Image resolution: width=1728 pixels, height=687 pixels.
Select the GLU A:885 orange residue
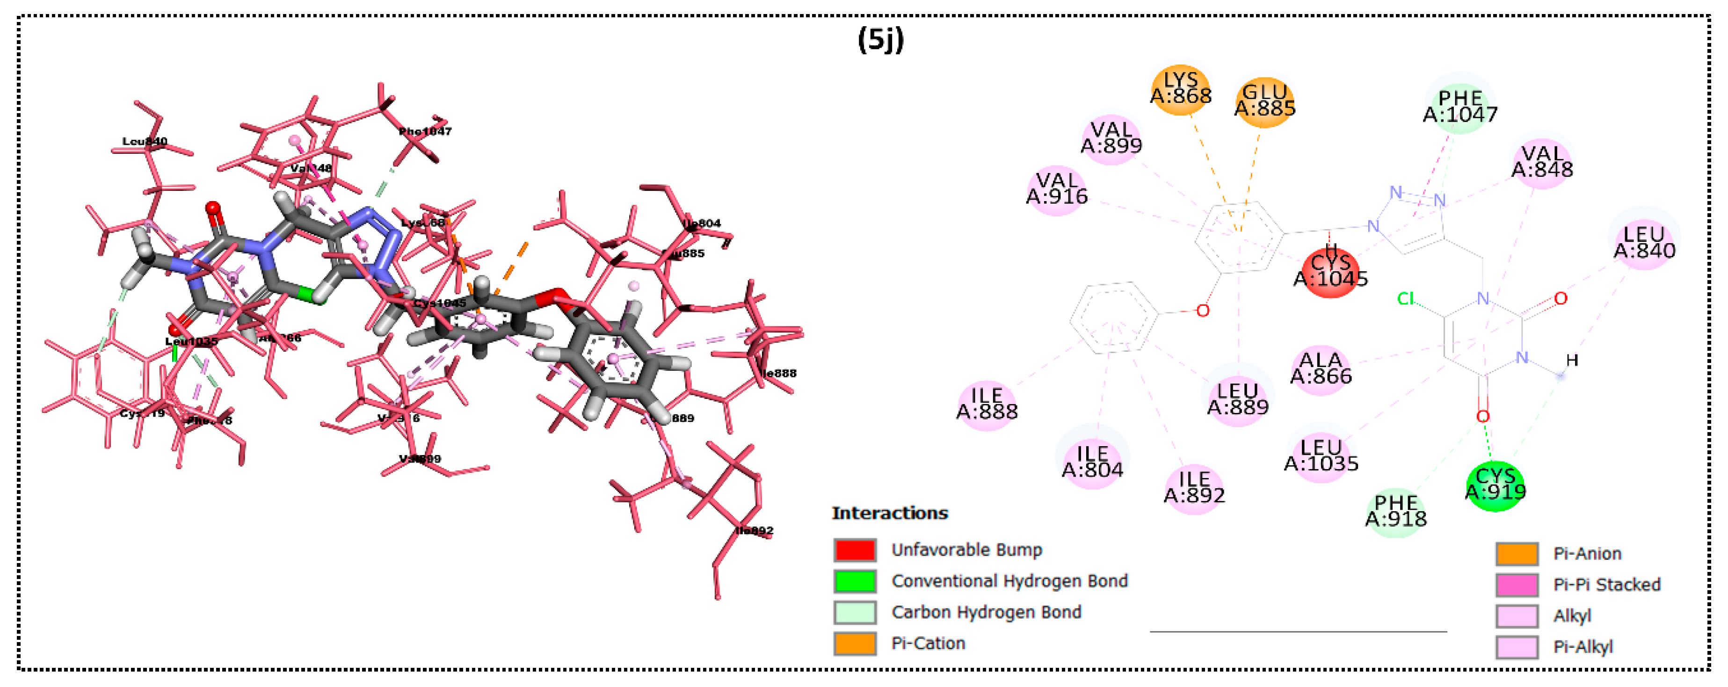[1264, 101]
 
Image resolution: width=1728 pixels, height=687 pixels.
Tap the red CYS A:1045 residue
[1330, 272]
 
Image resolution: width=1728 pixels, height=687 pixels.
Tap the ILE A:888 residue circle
[987, 405]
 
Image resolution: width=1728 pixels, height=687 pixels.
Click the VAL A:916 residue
[1057, 190]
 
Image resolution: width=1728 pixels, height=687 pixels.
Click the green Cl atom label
[1405, 298]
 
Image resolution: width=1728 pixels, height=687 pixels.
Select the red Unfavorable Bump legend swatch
[855, 550]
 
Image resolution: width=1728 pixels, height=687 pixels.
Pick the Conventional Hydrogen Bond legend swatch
[855, 581]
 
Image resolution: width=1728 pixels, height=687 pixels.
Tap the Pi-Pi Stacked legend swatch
[1517, 585]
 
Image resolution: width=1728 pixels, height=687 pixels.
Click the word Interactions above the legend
[889, 513]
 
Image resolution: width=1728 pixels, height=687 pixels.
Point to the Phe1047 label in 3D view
[425, 131]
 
